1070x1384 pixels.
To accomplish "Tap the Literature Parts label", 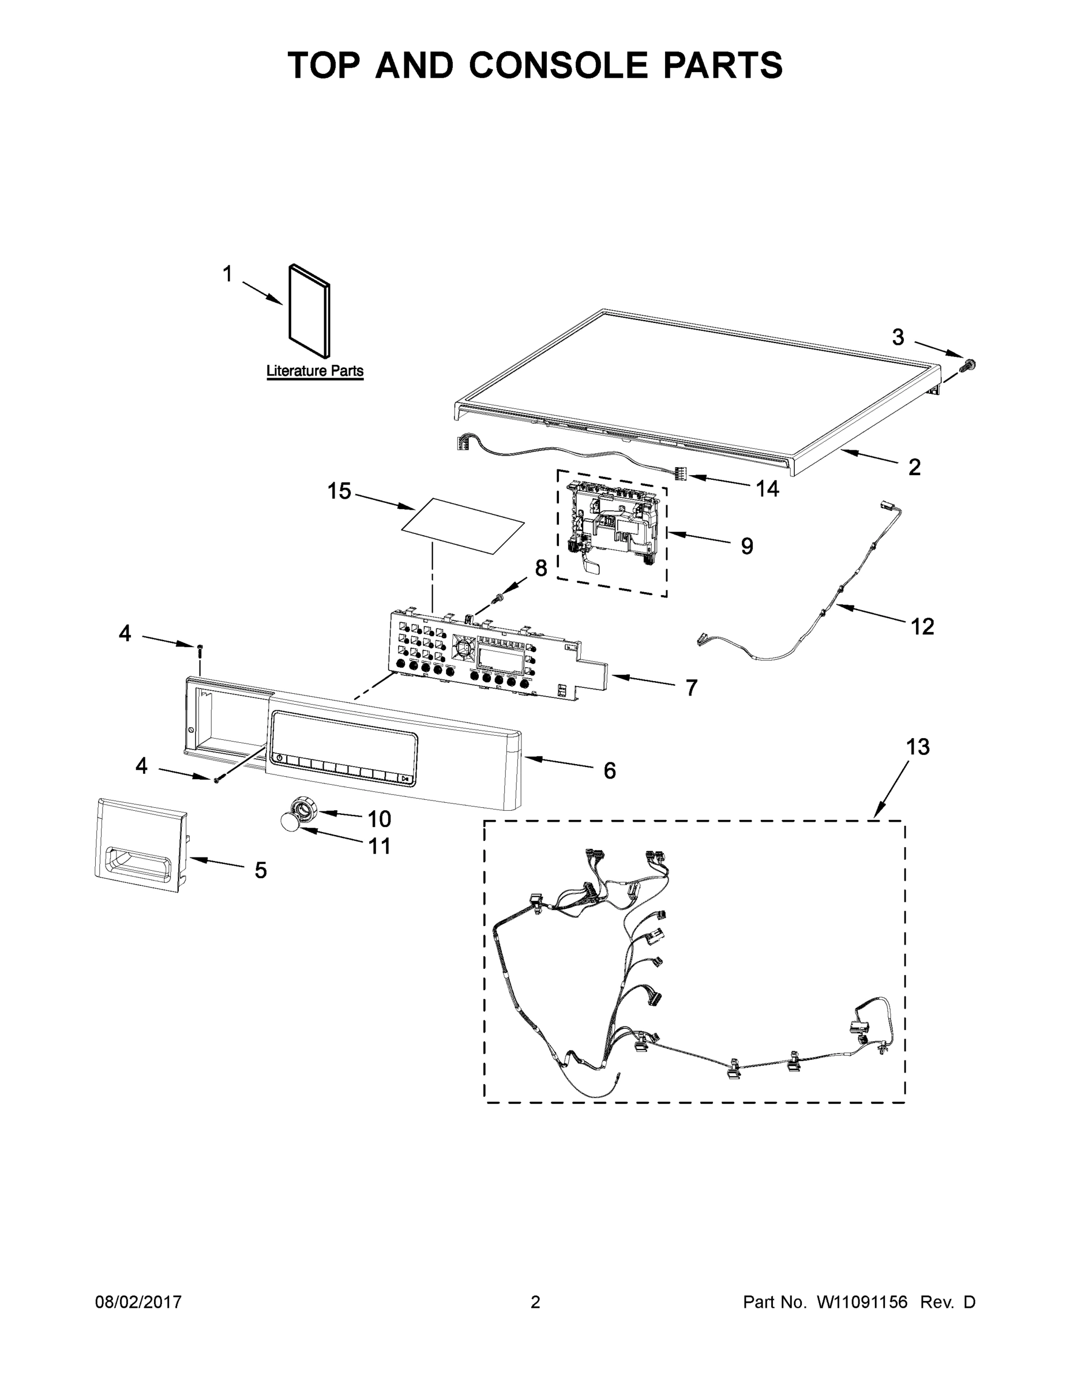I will pos(314,371).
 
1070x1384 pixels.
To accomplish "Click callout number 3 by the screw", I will pos(898,337).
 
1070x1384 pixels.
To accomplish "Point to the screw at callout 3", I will pos(967,365).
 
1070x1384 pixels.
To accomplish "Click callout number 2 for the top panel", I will pos(914,467).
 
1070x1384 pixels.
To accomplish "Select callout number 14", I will pos(767,488).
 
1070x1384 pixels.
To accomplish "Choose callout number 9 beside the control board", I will pos(747,546).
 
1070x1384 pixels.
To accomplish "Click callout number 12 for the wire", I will pos(922,626).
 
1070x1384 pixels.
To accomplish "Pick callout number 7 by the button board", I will pos(692,687).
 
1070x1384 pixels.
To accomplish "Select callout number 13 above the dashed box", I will pos(917,747).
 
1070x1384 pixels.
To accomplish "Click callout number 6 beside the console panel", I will pos(609,770).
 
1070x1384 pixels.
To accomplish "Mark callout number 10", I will pos(379,819).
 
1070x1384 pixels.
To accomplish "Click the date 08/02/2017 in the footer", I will pos(138,1302).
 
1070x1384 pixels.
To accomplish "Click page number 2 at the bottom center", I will pos(535,1302).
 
